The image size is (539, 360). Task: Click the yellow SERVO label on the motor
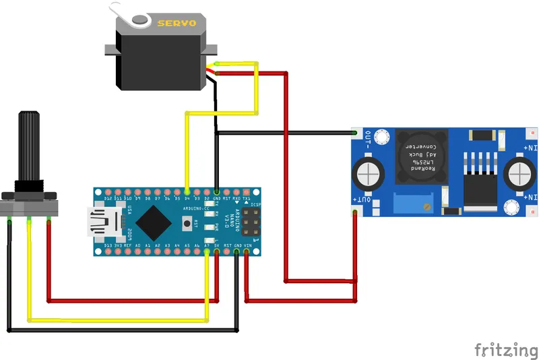pos(176,24)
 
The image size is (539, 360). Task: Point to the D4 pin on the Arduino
pos(187,191)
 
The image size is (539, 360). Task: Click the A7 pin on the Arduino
pos(206,253)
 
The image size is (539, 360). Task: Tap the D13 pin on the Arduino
pos(108,253)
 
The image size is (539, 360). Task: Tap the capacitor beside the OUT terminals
pos(371,173)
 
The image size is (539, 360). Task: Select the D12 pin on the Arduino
pos(108,191)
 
